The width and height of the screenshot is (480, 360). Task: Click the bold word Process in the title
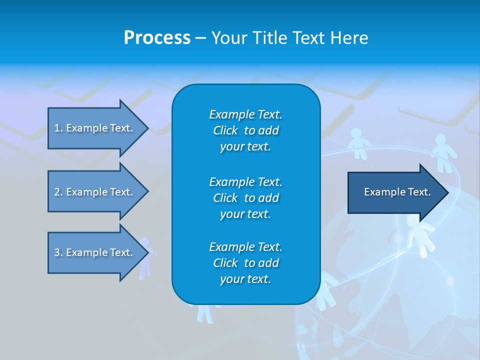[157, 38]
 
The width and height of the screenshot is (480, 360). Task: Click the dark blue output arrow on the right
[395, 192]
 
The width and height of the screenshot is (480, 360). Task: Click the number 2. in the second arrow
[58, 192]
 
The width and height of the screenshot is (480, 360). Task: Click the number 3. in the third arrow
[58, 252]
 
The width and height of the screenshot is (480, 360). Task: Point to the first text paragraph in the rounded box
[245, 130]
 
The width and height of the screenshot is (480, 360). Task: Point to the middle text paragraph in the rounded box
[245, 198]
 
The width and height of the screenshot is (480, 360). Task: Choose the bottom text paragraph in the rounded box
[245, 263]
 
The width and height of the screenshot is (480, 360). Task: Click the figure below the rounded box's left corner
[205, 312]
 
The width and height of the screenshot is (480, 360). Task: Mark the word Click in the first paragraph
[225, 130]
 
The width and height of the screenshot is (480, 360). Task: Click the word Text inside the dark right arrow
[419, 192]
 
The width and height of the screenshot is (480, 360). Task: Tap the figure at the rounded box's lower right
[327, 290]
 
